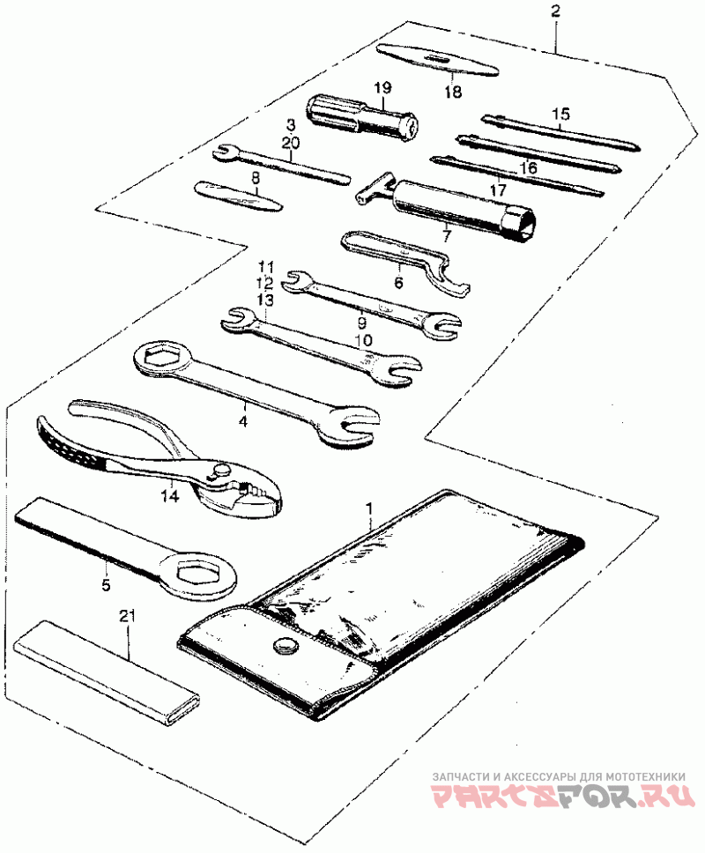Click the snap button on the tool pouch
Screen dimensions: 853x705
pyautogui.click(x=285, y=648)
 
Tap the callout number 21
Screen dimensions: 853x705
pyautogui.click(x=129, y=618)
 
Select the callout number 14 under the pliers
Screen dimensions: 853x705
pyautogui.click(x=168, y=496)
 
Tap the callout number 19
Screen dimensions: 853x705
pyautogui.click(x=382, y=88)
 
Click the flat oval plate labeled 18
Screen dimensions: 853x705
pyautogui.click(x=438, y=60)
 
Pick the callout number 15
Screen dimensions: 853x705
pyautogui.click(x=561, y=114)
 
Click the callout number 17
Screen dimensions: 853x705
pyautogui.click(x=499, y=188)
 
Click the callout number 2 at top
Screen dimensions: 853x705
pyautogui.click(x=554, y=11)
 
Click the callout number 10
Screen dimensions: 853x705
pyautogui.click(x=363, y=339)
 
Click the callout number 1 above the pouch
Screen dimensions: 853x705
pyautogui.click(x=370, y=508)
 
